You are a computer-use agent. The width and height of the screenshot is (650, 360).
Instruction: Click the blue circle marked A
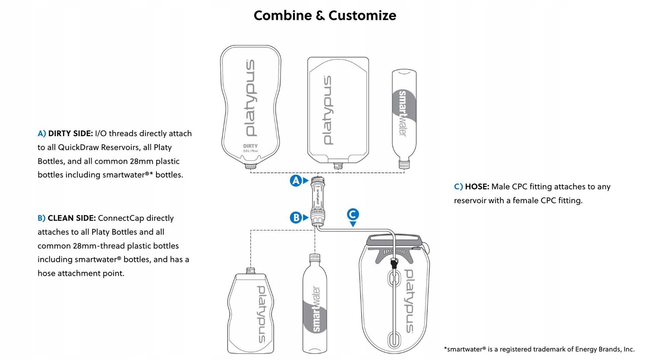(296, 181)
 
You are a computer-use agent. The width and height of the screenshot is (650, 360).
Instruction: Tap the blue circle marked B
(296, 217)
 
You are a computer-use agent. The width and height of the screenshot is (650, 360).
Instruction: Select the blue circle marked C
(353, 214)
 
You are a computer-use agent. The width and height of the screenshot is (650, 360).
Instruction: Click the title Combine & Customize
(325, 16)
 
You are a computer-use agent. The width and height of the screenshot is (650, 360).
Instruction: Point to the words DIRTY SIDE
(70, 134)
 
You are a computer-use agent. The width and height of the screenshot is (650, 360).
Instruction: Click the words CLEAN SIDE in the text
(72, 218)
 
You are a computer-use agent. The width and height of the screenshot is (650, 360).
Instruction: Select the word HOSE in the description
(477, 187)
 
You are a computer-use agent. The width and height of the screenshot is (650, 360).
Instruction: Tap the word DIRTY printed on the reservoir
(250, 146)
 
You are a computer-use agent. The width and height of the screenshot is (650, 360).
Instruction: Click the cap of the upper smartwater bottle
(404, 164)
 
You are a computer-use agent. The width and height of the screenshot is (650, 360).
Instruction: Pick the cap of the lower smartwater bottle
(315, 258)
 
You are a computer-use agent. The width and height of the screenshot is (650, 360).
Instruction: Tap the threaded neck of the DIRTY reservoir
(250, 166)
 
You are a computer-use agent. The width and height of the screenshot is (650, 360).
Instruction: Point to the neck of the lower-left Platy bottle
(251, 271)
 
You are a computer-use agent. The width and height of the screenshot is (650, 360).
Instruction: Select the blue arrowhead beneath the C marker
(353, 224)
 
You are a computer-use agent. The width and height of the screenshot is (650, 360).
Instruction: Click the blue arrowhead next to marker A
(306, 181)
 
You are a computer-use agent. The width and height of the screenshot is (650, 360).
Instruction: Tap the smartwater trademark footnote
(539, 349)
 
